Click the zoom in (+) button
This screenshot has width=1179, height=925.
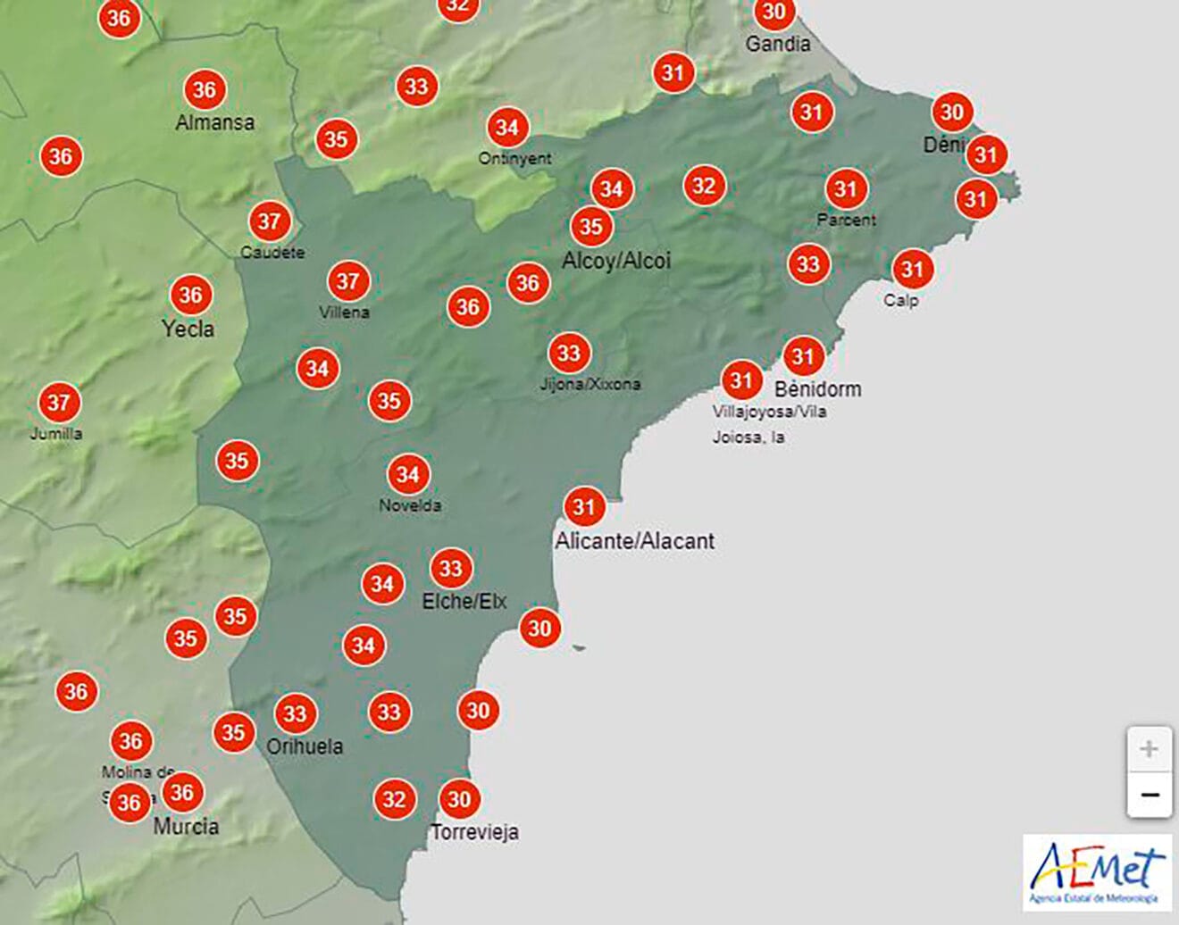pyautogui.click(x=1149, y=748)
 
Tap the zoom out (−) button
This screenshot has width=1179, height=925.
pyautogui.click(x=1149, y=794)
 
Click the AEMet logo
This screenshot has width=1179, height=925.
pyautogui.click(x=1097, y=872)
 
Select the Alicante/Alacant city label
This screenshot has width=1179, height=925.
pyautogui.click(x=635, y=541)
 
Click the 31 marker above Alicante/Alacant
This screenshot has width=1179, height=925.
pyautogui.click(x=584, y=507)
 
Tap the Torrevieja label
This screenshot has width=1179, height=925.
pyautogui.click(x=474, y=832)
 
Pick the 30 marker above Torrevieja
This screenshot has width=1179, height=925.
pyautogui.click(x=459, y=799)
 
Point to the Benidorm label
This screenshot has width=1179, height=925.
pyautogui.click(x=817, y=389)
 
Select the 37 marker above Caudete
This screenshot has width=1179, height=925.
pyautogui.click(x=270, y=221)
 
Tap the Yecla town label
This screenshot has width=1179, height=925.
pyautogui.click(x=188, y=329)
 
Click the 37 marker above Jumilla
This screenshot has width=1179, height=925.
pyautogui.click(x=59, y=403)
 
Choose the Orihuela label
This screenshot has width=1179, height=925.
pyautogui.click(x=305, y=746)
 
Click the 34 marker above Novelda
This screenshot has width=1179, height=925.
pyautogui.click(x=408, y=474)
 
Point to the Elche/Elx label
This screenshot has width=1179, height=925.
pyautogui.click(x=464, y=601)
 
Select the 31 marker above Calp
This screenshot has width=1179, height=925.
pyautogui.click(x=912, y=269)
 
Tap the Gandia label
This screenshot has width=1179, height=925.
pyautogui.click(x=778, y=44)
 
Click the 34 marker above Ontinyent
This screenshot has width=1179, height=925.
pyautogui.click(x=507, y=128)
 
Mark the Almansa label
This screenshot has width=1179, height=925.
pyautogui.click(x=214, y=122)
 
